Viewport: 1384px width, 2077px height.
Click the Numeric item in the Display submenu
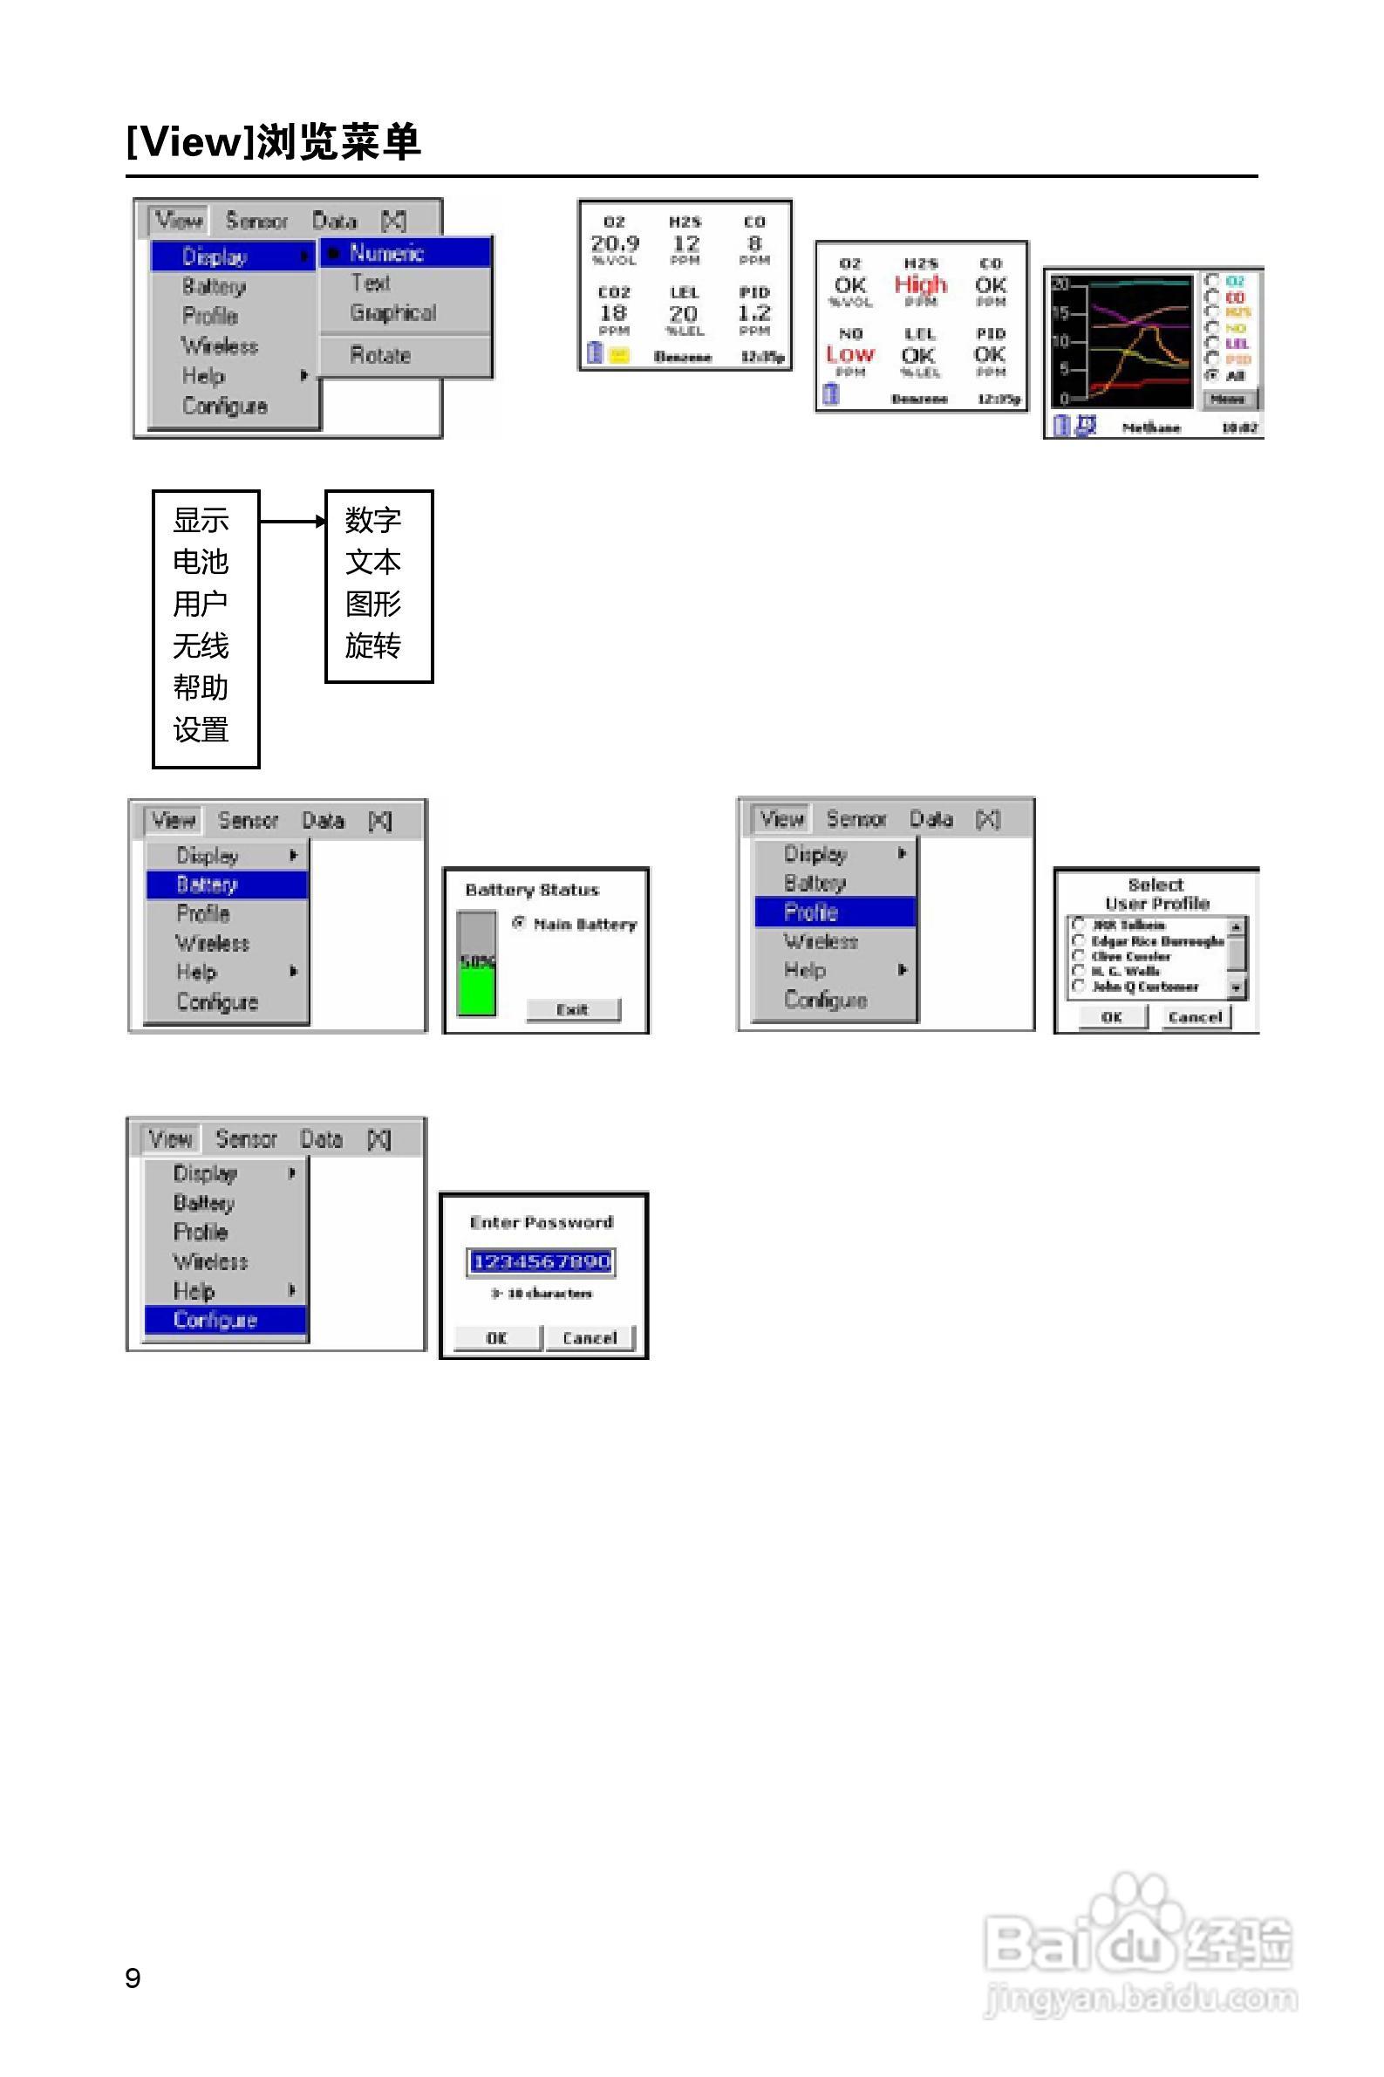pyautogui.click(x=387, y=253)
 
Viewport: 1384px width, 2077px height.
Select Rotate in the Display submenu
pyautogui.click(x=380, y=355)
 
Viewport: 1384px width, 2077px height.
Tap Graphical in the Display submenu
pyautogui.click(x=392, y=313)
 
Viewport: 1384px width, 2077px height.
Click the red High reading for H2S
pyautogui.click(x=920, y=284)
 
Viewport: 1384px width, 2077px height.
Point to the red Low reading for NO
pyautogui.click(x=850, y=354)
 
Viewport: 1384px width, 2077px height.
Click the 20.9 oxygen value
pyautogui.click(x=614, y=243)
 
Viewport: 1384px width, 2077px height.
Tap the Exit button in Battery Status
pyautogui.click(x=573, y=1009)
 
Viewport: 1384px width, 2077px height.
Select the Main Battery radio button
pyautogui.click(x=519, y=923)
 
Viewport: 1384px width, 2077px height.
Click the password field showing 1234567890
pyautogui.click(x=541, y=1261)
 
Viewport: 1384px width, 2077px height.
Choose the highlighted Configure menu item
pyautogui.click(x=215, y=1320)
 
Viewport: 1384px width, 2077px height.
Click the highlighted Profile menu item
pyautogui.click(x=811, y=912)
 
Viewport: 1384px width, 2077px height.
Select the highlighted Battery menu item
pyautogui.click(x=208, y=885)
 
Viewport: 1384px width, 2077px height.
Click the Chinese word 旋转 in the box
pyautogui.click(x=373, y=646)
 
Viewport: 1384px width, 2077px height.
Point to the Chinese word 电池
pyautogui.click(x=201, y=563)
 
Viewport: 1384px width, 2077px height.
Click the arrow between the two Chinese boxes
pyautogui.click(x=292, y=522)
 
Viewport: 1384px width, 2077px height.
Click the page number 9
pyautogui.click(x=133, y=1978)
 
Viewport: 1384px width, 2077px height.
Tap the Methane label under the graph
pyautogui.click(x=1151, y=428)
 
